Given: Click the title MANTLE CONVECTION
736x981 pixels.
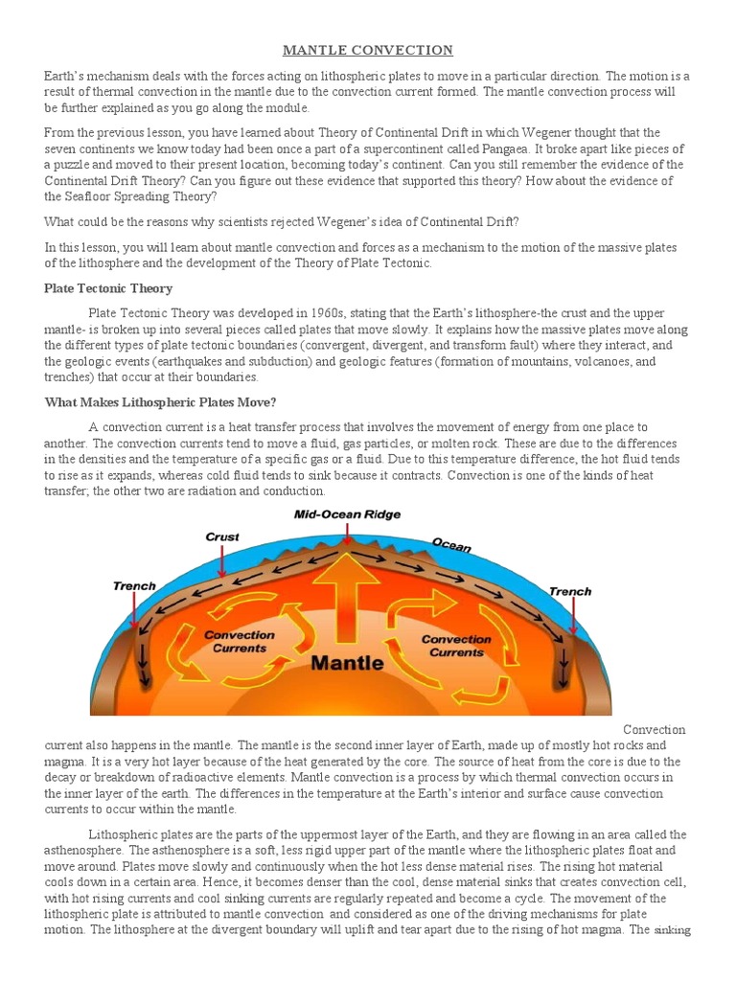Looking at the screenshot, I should click(x=368, y=50).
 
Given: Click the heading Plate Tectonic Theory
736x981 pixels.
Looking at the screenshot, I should click(x=108, y=288).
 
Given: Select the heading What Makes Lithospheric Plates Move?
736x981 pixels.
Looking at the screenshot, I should click(x=160, y=401).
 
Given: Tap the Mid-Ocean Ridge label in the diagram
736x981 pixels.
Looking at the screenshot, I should click(x=346, y=514).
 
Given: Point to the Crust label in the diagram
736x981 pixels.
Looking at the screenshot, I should click(x=222, y=537).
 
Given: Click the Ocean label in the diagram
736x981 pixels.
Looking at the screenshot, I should click(x=451, y=545).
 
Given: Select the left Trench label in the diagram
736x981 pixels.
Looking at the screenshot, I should click(x=134, y=586).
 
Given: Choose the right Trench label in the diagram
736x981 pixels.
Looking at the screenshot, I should click(x=570, y=591).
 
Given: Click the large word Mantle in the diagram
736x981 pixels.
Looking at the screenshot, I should click(x=345, y=663).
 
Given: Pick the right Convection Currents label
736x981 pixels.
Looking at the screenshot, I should click(x=456, y=646).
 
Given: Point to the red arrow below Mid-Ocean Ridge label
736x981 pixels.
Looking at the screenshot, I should click(x=346, y=536).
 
